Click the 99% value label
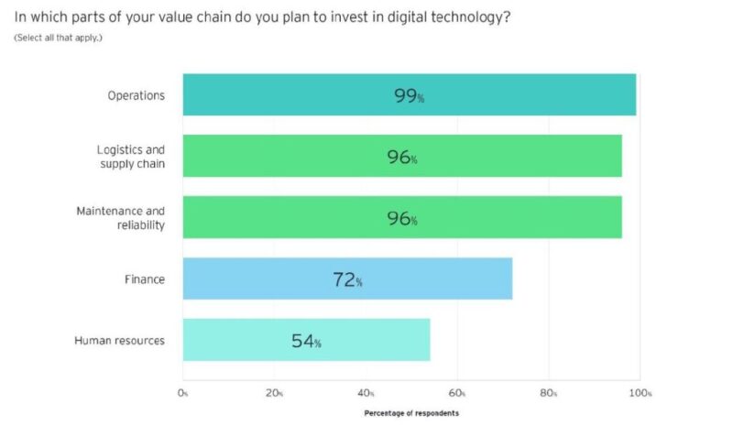(409, 95)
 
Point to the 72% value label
(347, 279)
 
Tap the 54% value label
(306, 341)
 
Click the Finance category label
(145, 279)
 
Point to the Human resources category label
(119, 341)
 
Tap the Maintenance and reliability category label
(121, 218)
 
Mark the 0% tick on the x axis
(182, 393)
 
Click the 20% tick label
(274, 393)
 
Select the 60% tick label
(457, 393)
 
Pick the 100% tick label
(640, 393)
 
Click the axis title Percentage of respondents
(411, 413)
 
